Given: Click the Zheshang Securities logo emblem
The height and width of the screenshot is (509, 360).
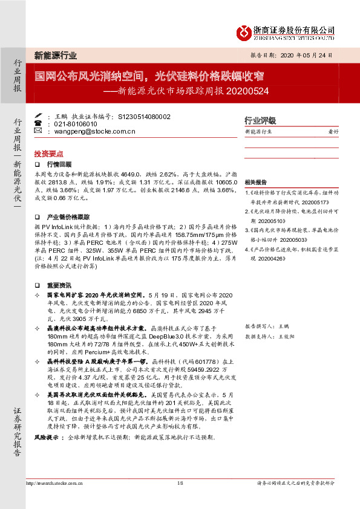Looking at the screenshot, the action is pyautogui.click(x=243, y=31).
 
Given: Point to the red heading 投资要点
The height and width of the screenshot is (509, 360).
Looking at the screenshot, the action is pyautogui.click(x=49, y=154).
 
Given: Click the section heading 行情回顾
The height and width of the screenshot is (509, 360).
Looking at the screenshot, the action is pyautogui.click(x=59, y=164).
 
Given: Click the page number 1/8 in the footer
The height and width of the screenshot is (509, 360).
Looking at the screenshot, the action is pyautogui.click(x=180, y=483).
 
